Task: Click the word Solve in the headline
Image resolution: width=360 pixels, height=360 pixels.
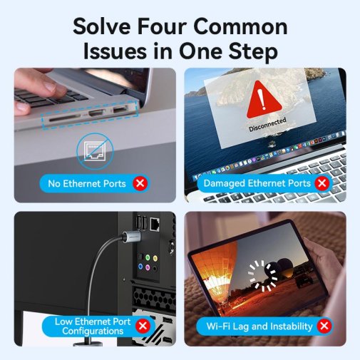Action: pyautogui.click(x=102, y=26)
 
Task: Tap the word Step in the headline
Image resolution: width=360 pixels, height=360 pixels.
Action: pyautogui.click(x=253, y=52)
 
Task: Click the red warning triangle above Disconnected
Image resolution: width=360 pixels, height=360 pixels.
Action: pyautogui.click(x=264, y=100)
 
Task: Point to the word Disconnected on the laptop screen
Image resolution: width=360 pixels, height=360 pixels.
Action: pyautogui.click(x=267, y=125)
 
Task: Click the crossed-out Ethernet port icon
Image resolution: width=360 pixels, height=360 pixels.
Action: pyautogui.click(x=95, y=151)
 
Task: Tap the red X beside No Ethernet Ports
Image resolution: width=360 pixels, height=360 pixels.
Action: pyautogui.click(x=140, y=183)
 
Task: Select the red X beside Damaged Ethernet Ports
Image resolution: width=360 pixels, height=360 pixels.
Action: pyautogui.click(x=322, y=183)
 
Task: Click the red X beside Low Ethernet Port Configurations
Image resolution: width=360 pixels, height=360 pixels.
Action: pyautogui.click(x=143, y=326)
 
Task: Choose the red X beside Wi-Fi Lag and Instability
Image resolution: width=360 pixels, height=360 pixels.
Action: pyautogui.click(x=324, y=326)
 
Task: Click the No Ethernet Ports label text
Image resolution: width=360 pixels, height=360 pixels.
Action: pyautogui.click(x=87, y=183)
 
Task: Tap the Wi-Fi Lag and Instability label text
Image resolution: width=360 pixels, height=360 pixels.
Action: pyautogui.click(x=259, y=326)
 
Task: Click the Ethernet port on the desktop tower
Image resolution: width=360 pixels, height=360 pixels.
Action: pyautogui.click(x=155, y=224)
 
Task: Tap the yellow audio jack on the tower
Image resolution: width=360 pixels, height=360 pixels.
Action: pyautogui.click(x=155, y=258)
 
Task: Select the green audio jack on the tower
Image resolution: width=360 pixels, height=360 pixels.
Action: pyautogui.click(x=148, y=257)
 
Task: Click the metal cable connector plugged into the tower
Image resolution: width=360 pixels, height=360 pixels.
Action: pyautogui.click(x=131, y=237)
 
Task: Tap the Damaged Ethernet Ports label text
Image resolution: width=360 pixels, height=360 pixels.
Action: pyautogui.click(x=257, y=183)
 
